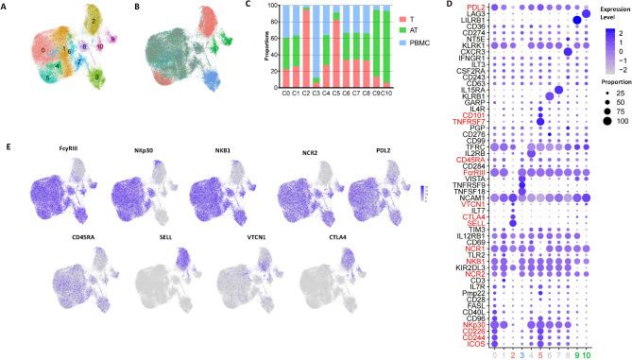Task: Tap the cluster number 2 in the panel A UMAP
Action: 93,21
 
